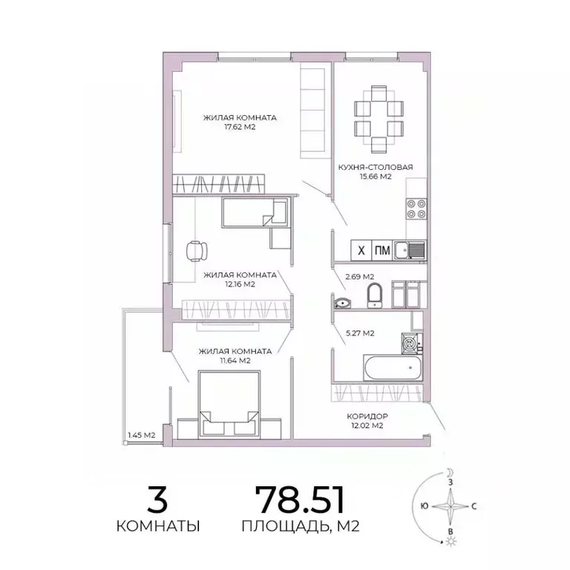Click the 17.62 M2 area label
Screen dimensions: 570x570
point(240,126)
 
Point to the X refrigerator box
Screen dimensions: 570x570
point(360,250)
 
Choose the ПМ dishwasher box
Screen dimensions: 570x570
point(382,250)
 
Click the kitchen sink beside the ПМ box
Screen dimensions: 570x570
point(410,251)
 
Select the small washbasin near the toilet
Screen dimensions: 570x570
point(343,302)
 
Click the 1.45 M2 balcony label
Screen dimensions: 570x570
point(140,435)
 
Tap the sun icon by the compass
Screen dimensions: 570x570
point(451,545)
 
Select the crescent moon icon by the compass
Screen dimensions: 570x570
point(451,472)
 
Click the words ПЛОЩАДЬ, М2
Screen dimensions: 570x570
point(300,527)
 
